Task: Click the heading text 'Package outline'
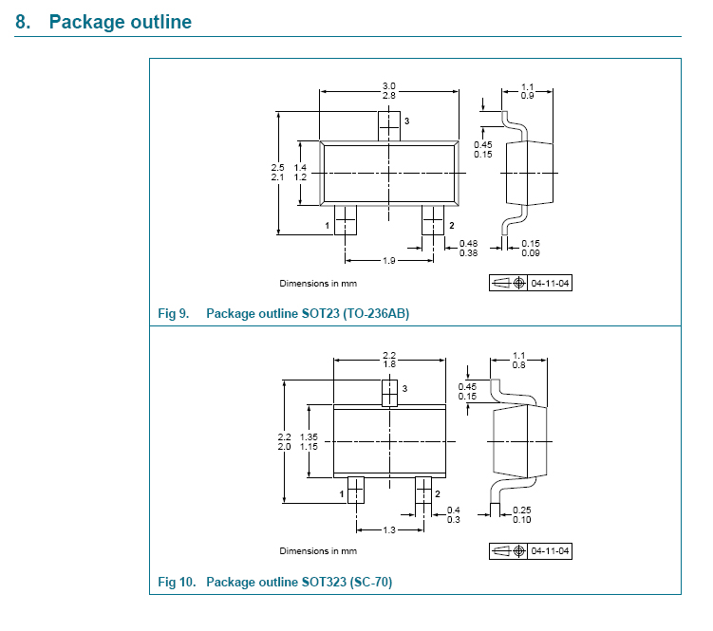[x=120, y=21]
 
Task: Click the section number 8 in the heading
[x=23, y=21]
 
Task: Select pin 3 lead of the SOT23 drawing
[x=389, y=124]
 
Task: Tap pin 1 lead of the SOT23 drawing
[x=345, y=222]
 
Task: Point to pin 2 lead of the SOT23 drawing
[x=433, y=222]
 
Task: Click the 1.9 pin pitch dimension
[x=388, y=261]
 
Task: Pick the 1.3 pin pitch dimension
[x=389, y=529]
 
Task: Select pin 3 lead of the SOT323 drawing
[x=389, y=392]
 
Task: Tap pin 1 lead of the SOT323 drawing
[x=355, y=490]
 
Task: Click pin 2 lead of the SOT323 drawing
[x=423, y=490]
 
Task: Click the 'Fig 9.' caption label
[x=174, y=313]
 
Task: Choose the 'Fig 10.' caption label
[x=177, y=582]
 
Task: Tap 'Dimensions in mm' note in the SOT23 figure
[x=317, y=283]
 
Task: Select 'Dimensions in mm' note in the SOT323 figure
[x=317, y=551]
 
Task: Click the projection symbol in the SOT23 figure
[x=509, y=283]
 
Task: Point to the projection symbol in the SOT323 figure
[x=509, y=551]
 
